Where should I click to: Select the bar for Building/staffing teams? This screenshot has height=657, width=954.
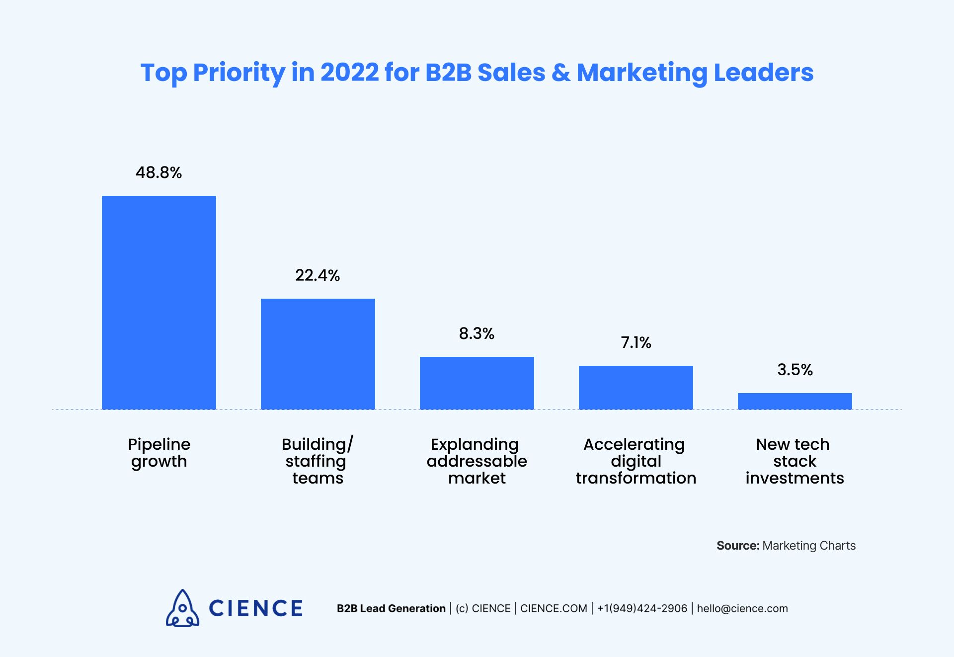[x=318, y=354]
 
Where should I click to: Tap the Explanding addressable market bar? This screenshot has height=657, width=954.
[x=477, y=383]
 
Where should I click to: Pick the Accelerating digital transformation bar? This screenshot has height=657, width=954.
[x=636, y=387]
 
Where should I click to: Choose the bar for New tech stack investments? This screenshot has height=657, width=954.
[x=795, y=401]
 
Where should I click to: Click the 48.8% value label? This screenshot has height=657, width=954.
[x=159, y=172]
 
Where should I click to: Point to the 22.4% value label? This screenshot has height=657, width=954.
[x=318, y=275]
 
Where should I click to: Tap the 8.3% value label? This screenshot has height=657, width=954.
[x=477, y=333]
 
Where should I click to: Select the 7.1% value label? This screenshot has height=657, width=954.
[x=636, y=342]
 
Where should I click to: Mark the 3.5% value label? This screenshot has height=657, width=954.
[x=795, y=370]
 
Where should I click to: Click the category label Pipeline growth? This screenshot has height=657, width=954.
[x=159, y=453]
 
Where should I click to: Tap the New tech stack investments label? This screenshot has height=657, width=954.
[x=795, y=461]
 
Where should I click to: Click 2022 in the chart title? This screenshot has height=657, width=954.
[x=349, y=73]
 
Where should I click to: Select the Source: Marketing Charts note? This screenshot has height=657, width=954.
[x=786, y=546]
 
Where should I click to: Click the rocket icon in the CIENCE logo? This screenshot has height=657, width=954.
[x=182, y=608]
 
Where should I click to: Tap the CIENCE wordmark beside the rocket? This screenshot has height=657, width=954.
[x=255, y=608]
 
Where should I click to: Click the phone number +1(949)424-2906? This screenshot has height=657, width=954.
[x=642, y=609]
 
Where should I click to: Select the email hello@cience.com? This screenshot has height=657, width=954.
[x=742, y=609]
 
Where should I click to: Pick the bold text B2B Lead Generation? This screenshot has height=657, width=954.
[x=391, y=609]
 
